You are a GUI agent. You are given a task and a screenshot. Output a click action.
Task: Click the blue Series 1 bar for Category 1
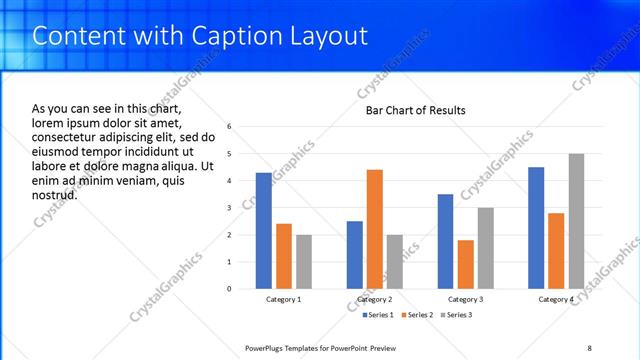[x=263, y=231]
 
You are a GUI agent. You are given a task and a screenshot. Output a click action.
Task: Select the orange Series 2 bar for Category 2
[x=375, y=229]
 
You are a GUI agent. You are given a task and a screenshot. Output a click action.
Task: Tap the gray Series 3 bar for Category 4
[x=576, y=221]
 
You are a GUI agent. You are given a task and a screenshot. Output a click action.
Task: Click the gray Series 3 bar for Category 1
[x=303, y=262]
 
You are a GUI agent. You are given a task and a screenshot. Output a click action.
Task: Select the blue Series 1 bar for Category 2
[x=355, y=255]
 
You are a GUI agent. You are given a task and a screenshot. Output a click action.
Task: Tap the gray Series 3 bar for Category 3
[x=485, y=248]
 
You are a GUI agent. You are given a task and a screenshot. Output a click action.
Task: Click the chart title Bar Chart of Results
[x=415, y=110]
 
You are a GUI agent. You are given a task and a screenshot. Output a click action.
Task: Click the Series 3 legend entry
[x=456, y=315]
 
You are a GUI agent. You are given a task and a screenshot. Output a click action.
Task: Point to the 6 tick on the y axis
[x=230, y=127]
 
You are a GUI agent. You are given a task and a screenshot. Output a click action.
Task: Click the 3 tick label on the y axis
[x=230, y=208]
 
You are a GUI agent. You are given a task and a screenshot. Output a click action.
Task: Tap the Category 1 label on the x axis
[x=283, y=299]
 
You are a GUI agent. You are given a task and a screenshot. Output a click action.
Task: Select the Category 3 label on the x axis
[x=465, y=299]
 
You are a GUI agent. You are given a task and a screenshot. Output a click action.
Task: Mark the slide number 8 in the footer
[x=589, y=347]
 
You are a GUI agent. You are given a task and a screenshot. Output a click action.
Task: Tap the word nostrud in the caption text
[x=55, y=195]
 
